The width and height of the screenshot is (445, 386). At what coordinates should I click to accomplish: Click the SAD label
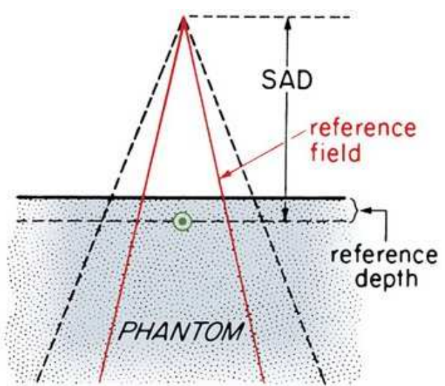287,80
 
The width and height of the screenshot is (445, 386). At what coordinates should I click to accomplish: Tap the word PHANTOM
181,331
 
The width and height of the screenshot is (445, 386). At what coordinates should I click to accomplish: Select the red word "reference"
363,129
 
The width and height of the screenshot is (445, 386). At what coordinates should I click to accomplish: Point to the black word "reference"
384,255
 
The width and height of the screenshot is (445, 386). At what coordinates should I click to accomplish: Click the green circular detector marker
182,221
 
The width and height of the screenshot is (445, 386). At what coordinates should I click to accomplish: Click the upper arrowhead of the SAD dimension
288,22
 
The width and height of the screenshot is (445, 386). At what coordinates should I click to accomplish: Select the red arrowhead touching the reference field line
226,174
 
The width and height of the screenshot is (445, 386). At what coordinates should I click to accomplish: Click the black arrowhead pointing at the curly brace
365,210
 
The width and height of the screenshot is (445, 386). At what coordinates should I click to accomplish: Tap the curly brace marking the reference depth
355,210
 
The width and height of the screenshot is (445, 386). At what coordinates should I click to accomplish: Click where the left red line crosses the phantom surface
143,196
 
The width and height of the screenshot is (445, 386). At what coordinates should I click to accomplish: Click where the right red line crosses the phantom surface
223,196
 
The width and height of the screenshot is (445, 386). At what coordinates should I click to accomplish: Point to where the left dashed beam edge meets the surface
111,196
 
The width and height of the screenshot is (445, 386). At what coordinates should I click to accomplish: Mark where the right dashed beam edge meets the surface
255,196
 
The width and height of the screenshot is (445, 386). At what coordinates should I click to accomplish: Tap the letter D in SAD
305,80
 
